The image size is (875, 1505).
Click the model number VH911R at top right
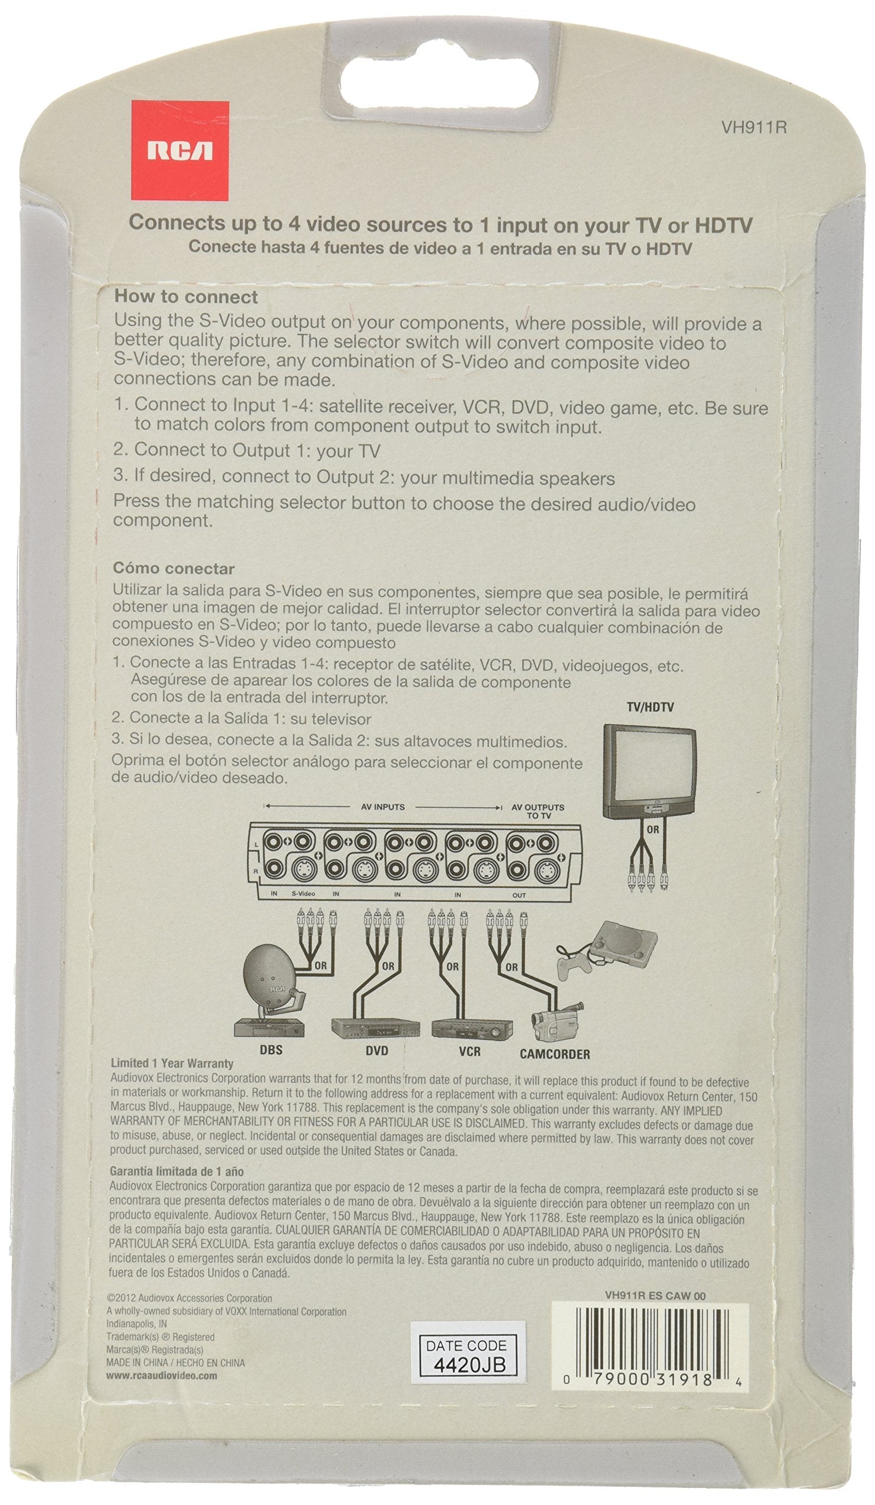pos(753,127)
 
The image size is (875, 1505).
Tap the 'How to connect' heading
pos(186,297)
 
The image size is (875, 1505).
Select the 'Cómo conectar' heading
pos(174,568)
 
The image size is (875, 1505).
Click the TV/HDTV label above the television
pos(650,707)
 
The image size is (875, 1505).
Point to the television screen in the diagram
pos(647,767)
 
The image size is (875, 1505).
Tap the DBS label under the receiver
pos(270,1050)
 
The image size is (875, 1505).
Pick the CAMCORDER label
pos(555,1054)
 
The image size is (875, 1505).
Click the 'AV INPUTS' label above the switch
pos(382,807)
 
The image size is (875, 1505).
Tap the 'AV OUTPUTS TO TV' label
pos(537,811)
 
